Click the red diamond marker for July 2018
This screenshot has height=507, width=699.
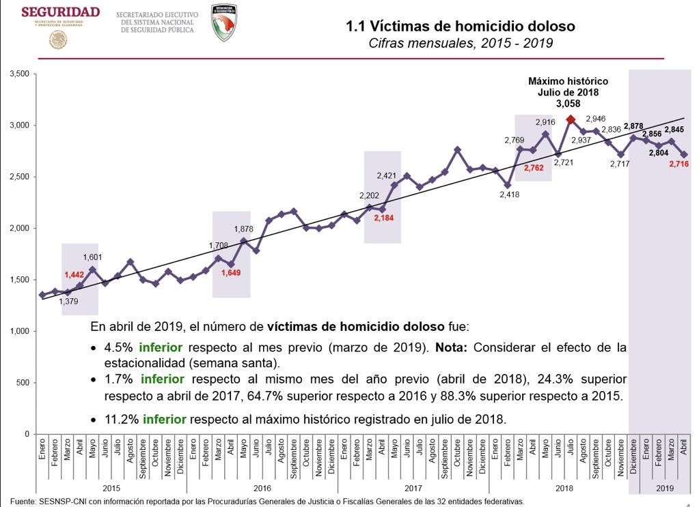coord(571,119)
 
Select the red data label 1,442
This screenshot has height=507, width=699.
coord(74,274)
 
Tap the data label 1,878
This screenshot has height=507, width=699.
coord(244,229)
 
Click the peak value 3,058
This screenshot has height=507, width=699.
coord(568,104)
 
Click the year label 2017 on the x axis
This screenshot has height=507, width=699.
coord(413,489)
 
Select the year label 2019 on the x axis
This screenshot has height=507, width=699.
coord(664,489)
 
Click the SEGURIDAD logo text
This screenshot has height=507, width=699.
coord(60,12)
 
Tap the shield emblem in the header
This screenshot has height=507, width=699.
coord(224,23)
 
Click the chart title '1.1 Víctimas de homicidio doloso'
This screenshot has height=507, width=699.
coord(461,27)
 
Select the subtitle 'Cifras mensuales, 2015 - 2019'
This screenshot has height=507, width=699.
coord(461,44)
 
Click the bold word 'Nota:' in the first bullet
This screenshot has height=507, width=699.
coord(452,347)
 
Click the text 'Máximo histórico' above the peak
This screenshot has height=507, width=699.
coord(568,81)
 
